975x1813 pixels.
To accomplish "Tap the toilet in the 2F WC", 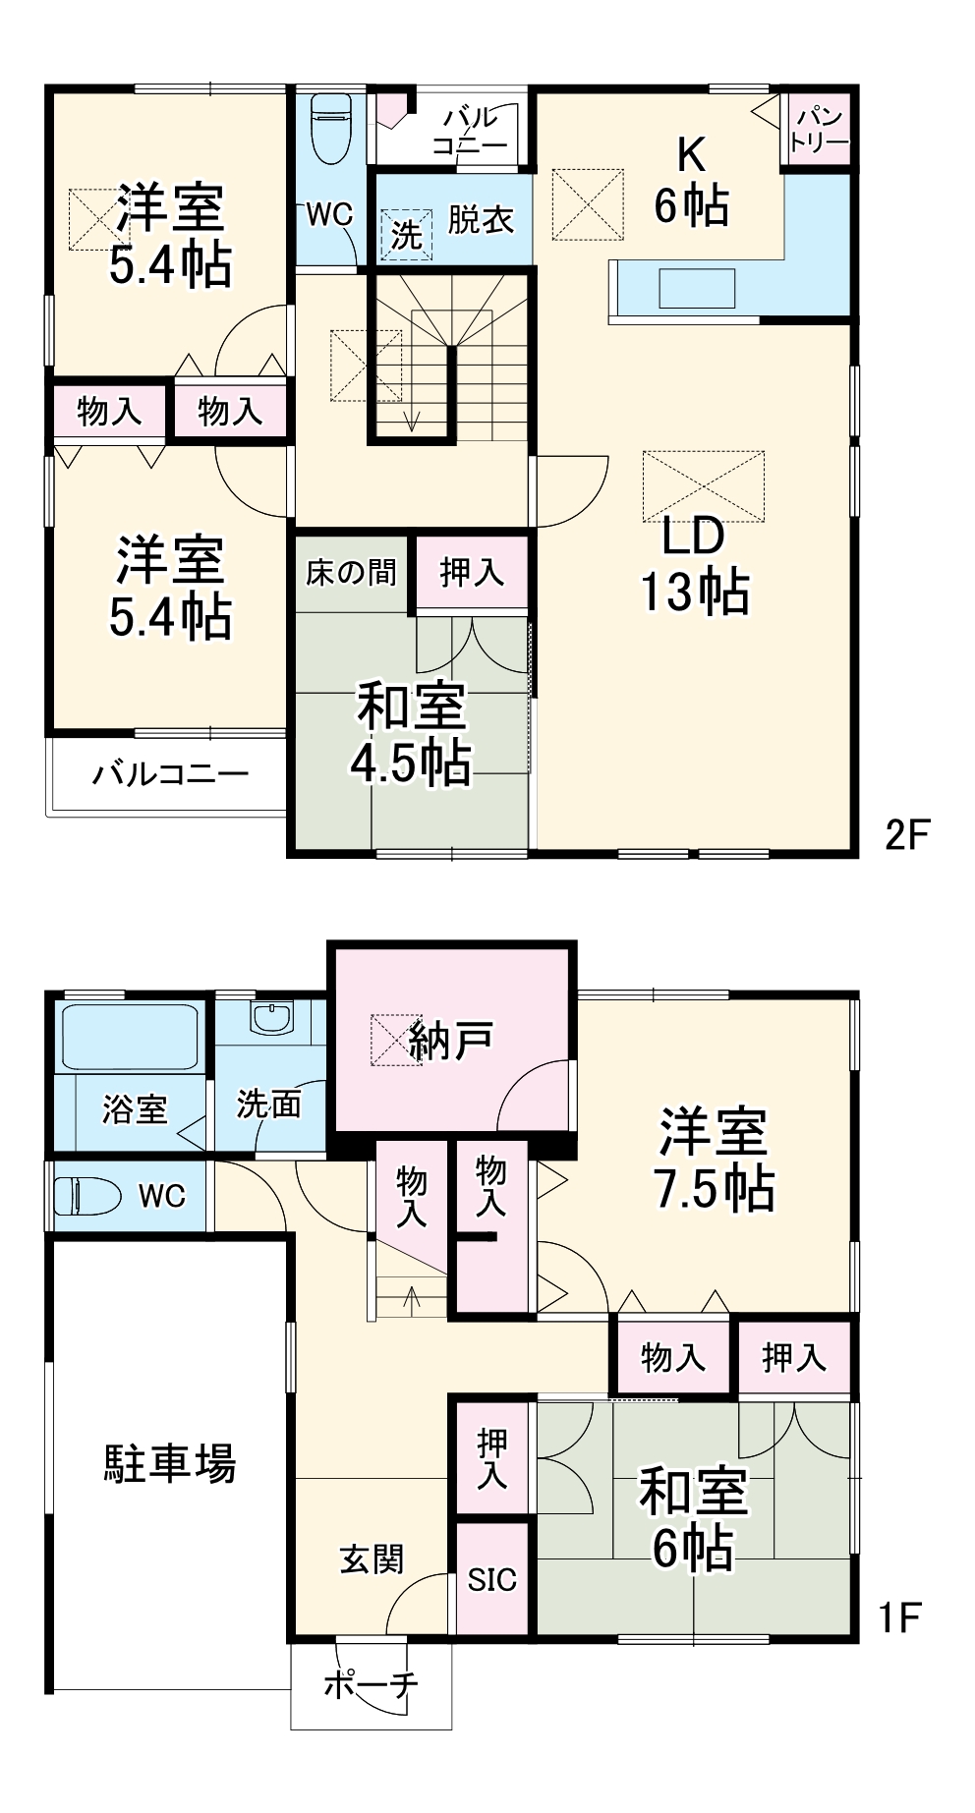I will coord(330,131).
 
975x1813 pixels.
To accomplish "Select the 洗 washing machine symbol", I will coord(406,234).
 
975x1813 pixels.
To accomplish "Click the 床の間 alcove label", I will coord(351,572).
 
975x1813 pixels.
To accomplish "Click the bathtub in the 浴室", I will coord(130,1037).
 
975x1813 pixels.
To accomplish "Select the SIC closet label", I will coord(491,1579).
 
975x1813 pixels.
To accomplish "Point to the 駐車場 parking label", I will coord(169,1463).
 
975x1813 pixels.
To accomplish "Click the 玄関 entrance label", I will coord(372,1558).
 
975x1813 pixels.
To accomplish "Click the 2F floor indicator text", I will coord(906,835).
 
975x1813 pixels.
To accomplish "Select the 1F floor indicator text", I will coord(899,1616).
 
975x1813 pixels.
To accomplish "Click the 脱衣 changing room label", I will coord(481,219).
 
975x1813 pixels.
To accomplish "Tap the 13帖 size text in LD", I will coord(695,593).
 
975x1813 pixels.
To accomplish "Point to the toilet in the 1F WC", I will coord(86,1196).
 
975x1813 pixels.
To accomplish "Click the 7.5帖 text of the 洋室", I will coord(714,1189).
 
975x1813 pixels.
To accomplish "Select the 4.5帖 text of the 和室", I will coord(412,763).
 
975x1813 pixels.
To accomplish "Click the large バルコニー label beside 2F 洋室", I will coord(170,774).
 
